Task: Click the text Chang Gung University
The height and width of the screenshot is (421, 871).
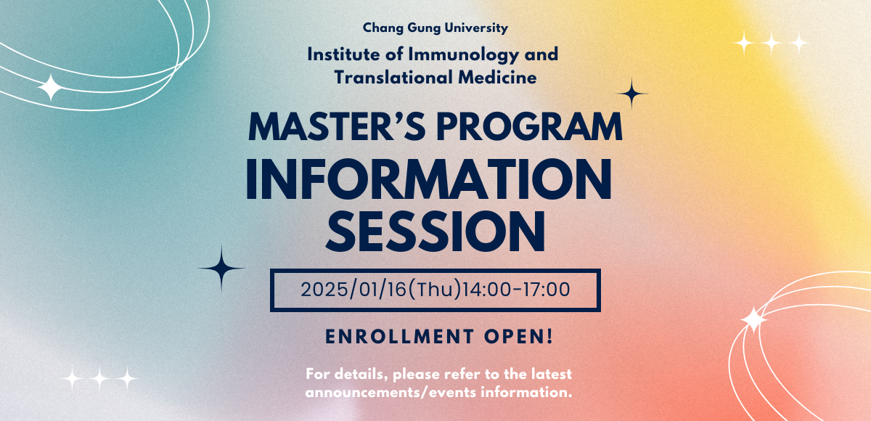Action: pos(435,28)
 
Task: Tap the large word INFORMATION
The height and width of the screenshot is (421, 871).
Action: pos(429,181)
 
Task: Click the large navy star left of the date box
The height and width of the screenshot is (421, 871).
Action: pos(222,269)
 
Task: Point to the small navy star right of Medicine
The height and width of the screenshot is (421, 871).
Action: pos(631,94)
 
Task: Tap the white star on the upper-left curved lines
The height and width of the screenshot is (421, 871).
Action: pos(51,88)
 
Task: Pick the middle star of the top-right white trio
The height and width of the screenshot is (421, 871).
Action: pos(772,44)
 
